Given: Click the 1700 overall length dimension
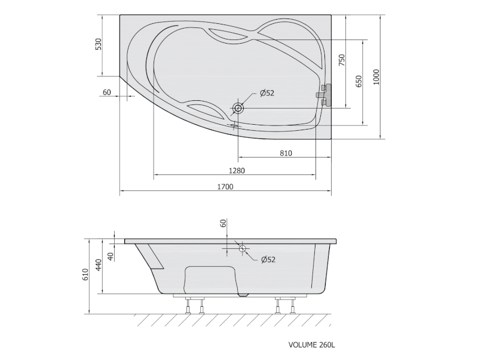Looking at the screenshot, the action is pos(225,186).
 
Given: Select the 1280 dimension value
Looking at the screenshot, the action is pos(237,171).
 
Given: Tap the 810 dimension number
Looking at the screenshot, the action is pos(286,153).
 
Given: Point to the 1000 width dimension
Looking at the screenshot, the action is pos(376,77).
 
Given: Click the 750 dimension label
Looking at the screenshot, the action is pos(342,60).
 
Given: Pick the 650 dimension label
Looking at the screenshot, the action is pos(359,81).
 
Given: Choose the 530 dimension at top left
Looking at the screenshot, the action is pos(98,44).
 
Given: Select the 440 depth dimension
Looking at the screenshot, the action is pos(98,265).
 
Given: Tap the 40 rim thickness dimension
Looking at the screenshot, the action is pos(111,257).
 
